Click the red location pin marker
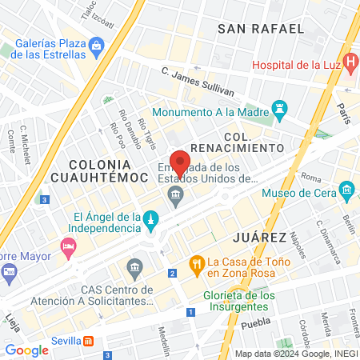point(179,162)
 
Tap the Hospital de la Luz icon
point(350,61)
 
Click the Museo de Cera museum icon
point(347,190)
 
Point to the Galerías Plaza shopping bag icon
point(97,46)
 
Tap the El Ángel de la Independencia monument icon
point(149,218)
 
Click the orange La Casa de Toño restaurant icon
point(195,262)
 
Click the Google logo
point(26,350)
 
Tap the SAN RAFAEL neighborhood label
point(261,29)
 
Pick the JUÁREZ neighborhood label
point(258,238)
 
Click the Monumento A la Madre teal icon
point(278,106)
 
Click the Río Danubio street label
point(126,123)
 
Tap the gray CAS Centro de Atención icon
point(134,266)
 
